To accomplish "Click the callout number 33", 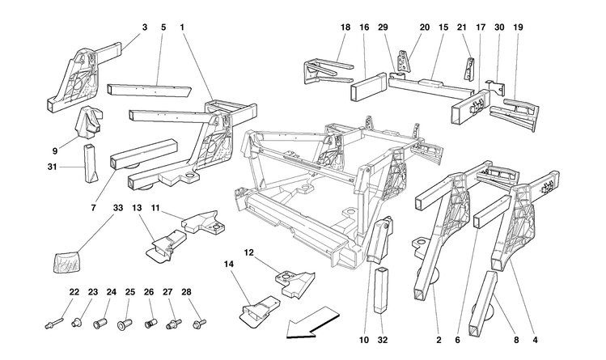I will click(x=118, y=209).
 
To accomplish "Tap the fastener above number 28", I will click(x=197, y=324).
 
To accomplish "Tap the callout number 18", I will click(x=345, y=28).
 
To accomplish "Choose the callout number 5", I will click(x=163, y=28).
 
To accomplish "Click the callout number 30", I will click(x=499, y=28).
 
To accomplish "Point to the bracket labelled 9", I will click(x=89, y=122).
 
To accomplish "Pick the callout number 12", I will click(x=250, y=252).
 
